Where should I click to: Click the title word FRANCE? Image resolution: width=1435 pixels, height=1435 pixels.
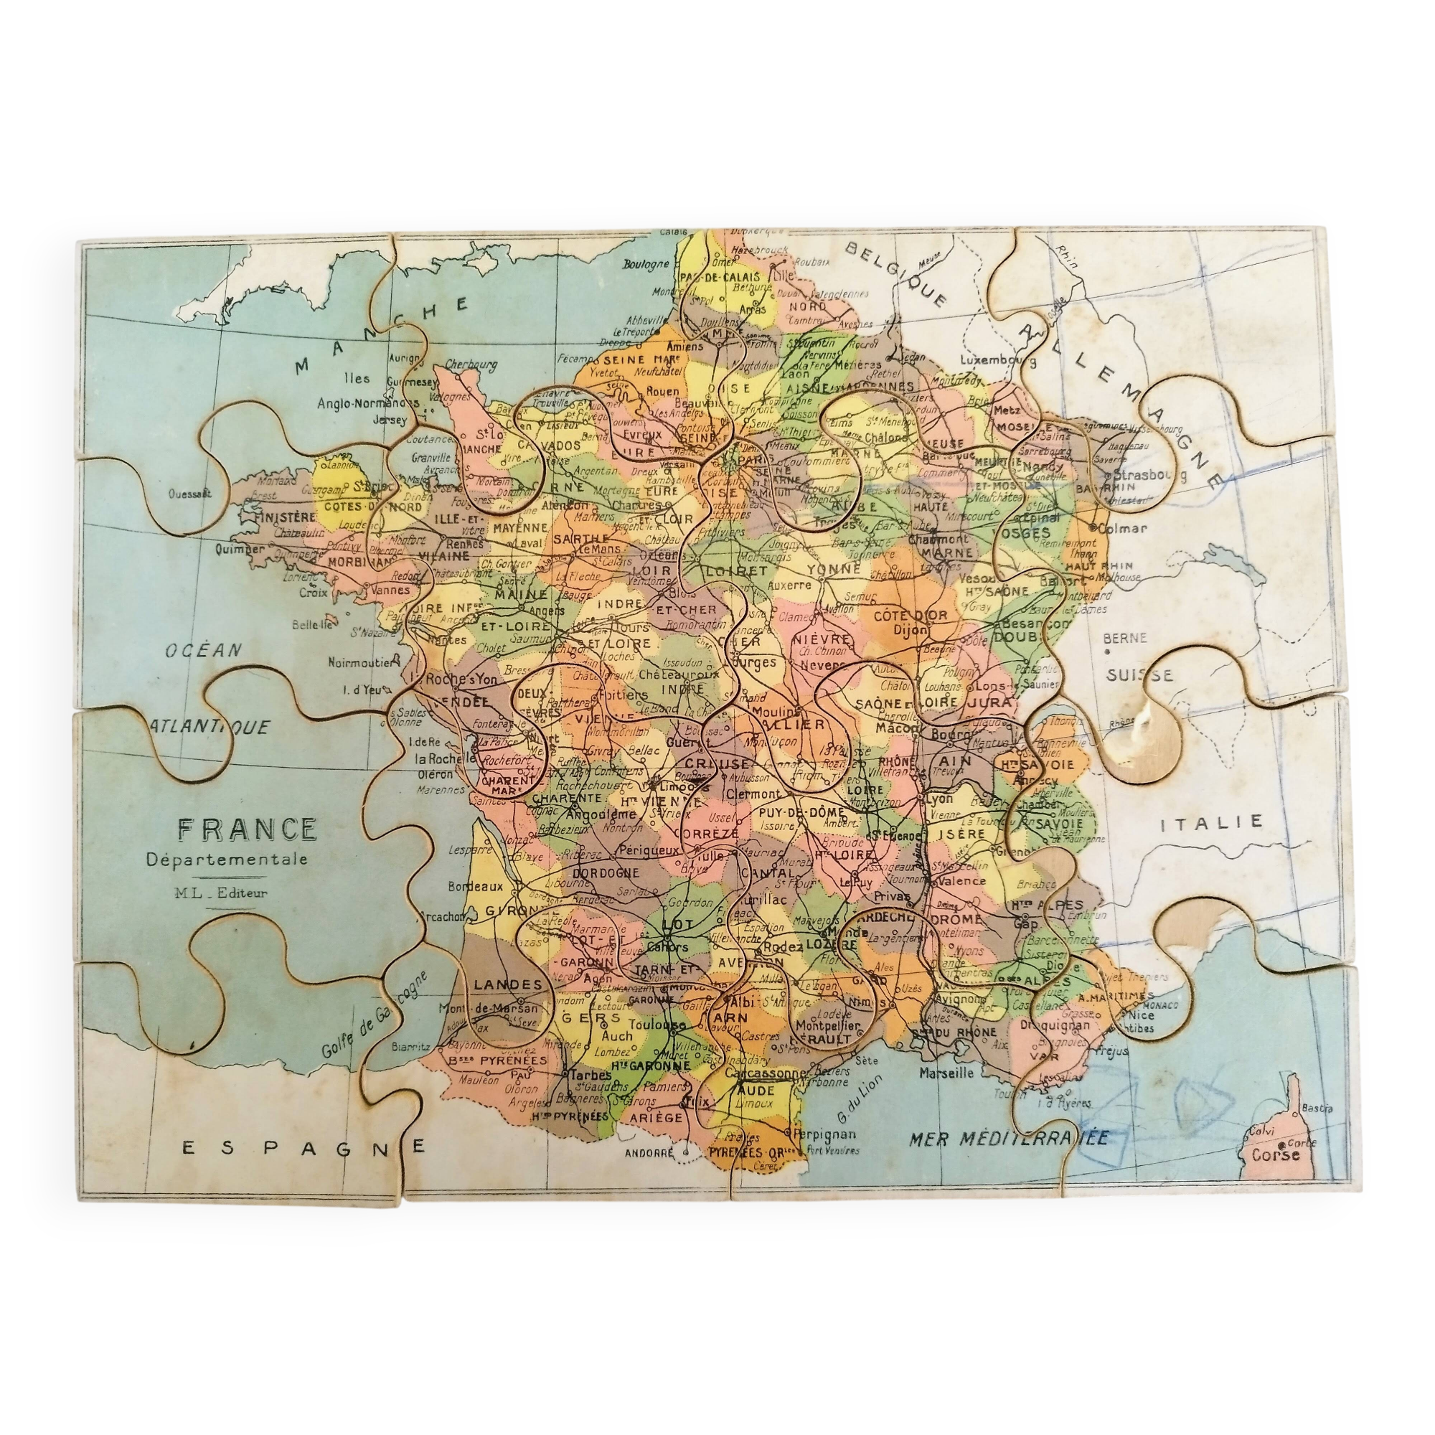247,829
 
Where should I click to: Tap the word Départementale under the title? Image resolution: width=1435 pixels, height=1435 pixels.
227,860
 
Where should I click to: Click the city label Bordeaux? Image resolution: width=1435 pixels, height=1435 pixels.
476,886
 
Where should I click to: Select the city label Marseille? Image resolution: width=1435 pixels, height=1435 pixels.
946,1073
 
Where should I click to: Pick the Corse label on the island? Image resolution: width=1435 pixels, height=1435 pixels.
1276,1155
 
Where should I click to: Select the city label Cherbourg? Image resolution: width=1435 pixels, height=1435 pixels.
471,364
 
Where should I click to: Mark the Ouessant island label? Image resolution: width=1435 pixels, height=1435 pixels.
190,492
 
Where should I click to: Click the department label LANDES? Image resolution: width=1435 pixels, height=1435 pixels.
508,984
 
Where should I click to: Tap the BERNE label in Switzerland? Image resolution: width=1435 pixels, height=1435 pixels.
1124,637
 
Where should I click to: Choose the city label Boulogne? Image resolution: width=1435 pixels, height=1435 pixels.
646,265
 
